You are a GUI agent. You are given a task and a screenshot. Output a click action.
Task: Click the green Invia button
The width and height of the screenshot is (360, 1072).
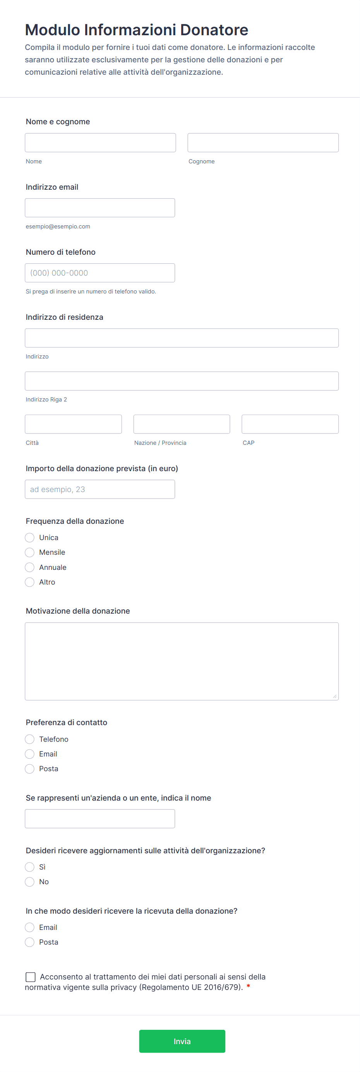[182, 1041]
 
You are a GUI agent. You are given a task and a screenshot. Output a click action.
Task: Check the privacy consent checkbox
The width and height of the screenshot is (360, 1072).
[30, 977]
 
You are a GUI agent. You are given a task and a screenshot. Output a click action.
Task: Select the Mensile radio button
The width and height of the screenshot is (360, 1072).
[29, 552]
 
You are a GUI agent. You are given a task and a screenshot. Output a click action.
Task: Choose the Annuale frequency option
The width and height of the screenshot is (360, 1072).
[29, 567]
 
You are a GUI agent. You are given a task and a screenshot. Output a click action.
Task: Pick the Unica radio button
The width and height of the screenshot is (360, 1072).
[29, 538]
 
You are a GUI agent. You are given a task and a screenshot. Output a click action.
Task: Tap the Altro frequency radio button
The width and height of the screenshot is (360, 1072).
[29, 582]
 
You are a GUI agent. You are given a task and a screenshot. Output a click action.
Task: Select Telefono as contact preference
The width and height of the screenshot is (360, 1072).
[29, 739]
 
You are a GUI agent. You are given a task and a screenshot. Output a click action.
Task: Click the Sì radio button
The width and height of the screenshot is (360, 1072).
[29, 867]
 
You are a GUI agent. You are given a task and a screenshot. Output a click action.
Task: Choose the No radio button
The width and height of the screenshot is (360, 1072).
[29, 882]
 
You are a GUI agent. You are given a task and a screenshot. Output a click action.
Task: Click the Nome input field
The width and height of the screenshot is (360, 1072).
[100, 143]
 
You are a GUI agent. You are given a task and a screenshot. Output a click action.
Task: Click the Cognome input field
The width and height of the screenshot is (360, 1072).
[263, 143]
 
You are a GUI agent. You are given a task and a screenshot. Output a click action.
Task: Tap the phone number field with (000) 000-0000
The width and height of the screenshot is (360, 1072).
[100, 273]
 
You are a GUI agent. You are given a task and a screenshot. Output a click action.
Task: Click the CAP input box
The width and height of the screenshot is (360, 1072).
[290, 424]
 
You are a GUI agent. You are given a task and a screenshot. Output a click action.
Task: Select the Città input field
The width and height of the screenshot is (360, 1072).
[73, 424]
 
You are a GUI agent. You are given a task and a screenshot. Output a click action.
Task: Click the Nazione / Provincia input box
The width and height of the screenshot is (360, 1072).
[182, 424]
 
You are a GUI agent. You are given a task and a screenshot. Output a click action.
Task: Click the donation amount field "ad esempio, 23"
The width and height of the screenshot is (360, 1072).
[100, 489]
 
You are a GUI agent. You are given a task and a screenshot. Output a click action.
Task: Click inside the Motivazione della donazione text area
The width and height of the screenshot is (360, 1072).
[182, 661]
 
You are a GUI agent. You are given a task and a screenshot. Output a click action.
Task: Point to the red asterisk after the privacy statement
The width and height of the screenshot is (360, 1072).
[249, 987]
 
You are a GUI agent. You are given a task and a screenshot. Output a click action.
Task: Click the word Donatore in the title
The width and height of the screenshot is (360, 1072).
[214, 30]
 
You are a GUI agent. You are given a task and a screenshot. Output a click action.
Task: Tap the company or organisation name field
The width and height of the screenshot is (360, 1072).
[100, 818]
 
